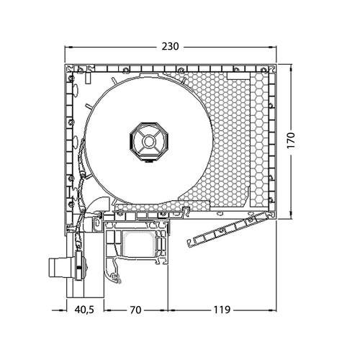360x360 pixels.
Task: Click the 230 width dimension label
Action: (169, 47)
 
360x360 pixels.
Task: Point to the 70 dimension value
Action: (134, 310)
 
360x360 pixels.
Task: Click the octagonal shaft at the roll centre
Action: (148, 140)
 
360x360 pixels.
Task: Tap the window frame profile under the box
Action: (137, 248)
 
